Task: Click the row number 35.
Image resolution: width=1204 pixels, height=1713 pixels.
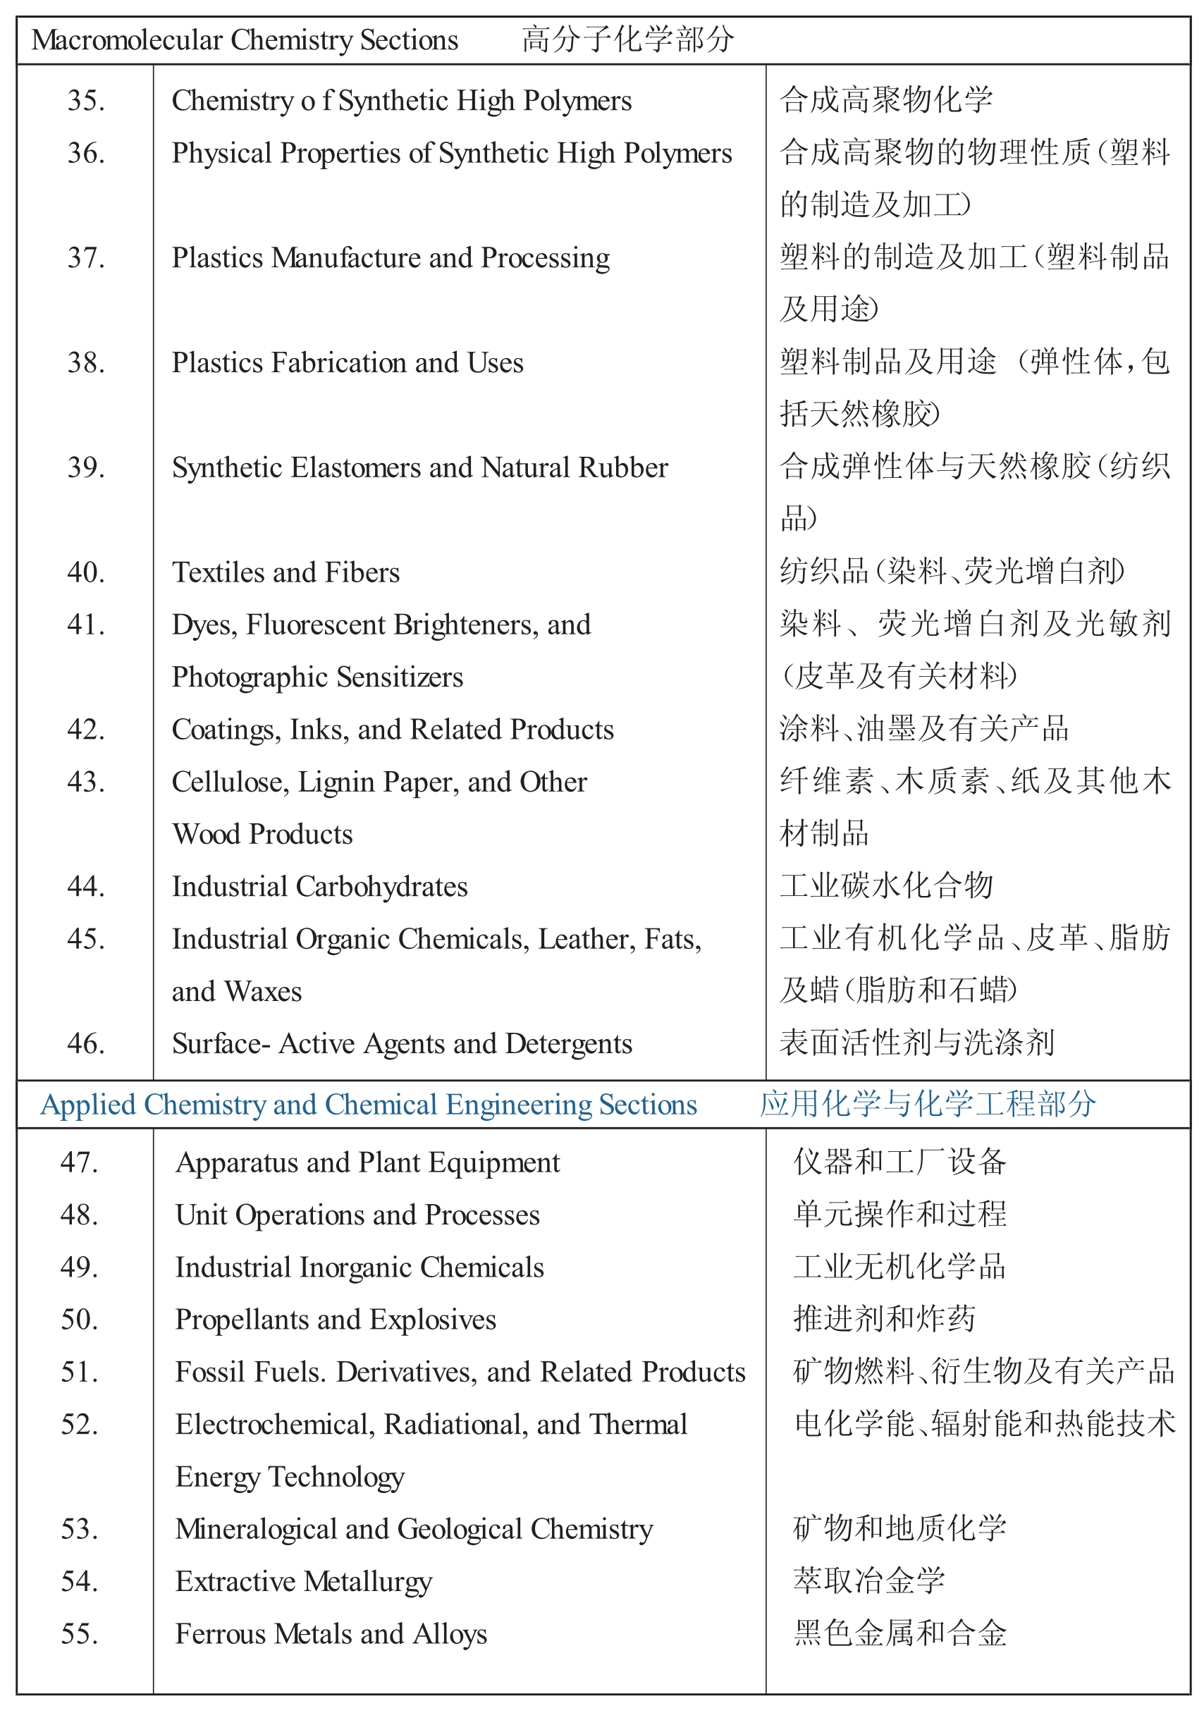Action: [x=86, y=101]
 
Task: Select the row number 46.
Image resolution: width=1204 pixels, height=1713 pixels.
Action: [x=86, y=1043]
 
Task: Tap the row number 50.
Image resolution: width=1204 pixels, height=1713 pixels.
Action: [x=80, y=1319]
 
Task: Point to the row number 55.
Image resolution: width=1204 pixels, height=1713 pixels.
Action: [x=80, y=1633]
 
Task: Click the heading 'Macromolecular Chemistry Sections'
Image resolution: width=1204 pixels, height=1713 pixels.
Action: [x=245, y=40]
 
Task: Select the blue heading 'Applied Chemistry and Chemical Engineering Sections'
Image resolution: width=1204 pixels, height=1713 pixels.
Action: [x=369, y=1104]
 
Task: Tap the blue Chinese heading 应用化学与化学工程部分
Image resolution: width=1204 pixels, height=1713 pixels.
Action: [x=927, y=1104]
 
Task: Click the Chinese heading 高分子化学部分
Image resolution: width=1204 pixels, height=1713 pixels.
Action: [x=627, y=40]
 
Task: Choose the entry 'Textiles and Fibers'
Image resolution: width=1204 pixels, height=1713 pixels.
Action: [x=285, y=572]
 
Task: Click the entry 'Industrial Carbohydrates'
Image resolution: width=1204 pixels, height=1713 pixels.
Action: [x=319, y=886]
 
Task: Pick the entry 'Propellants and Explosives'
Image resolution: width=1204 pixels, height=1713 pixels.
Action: [x=336, y=1319]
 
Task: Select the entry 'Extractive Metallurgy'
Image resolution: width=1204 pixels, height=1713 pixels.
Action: [x=304, y=1581]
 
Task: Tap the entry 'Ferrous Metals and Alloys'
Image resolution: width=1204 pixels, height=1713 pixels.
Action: [x=331, y=1633]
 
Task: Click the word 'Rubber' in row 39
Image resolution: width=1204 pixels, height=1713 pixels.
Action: [x=623, y=468]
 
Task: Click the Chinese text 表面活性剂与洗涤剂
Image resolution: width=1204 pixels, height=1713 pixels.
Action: [x=917, y=1043]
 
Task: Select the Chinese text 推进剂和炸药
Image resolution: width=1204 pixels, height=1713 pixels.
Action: [x=884, y=1319]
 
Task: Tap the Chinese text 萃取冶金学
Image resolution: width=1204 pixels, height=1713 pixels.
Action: [x=869, y=1581]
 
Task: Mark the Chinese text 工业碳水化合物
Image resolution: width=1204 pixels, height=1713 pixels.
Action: [x=886, y=886]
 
